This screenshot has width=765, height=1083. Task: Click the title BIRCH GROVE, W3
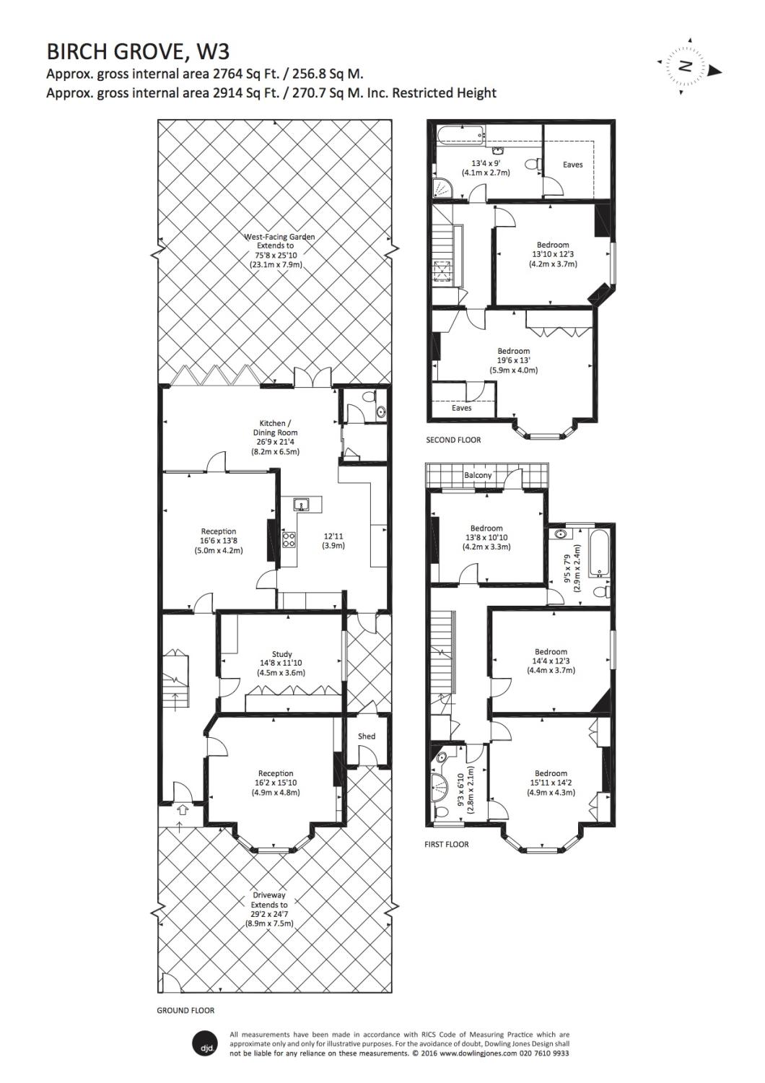[x=138, y=51]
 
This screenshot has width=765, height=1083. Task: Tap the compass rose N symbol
[x=684, y=66]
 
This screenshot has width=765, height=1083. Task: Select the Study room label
[x=281, y=653]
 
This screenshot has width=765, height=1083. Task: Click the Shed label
[x=367, y=736]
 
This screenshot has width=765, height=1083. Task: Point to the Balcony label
[x=478, y=475]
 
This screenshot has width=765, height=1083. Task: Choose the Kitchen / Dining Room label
[x=275, y=428]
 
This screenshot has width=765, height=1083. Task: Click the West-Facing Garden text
[x=279, y=237]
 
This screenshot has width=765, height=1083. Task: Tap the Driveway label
[x=268, y=895]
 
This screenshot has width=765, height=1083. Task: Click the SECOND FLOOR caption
[x=453, y=440]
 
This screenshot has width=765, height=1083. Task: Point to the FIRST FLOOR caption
[x=447, y=845]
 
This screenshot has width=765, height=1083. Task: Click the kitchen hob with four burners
[x=289, y=539]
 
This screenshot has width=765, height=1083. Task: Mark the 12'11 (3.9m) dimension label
[x=333, y=541]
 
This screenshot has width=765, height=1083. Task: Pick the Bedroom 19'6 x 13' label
[x=514, y=361]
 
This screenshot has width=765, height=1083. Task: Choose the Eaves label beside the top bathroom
[x=572, y=165]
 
